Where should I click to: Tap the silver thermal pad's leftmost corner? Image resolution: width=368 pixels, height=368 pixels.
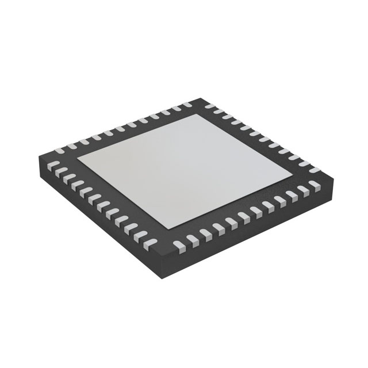point(78,162)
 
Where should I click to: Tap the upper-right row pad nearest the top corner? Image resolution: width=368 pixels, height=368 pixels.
point(216,111)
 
